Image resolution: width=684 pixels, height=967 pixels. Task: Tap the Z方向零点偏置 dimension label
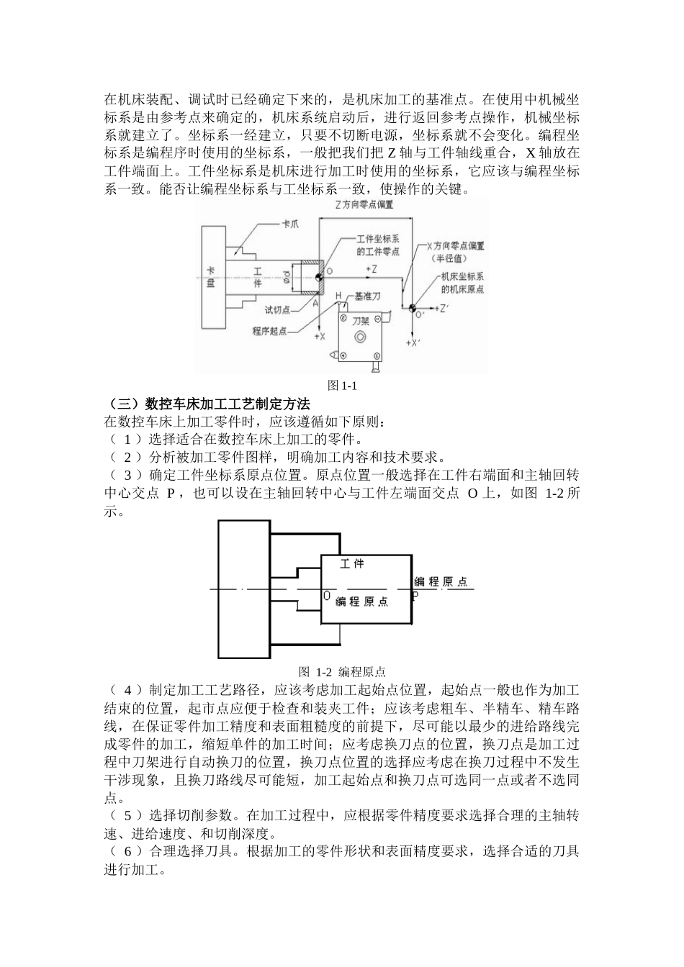[364, 204]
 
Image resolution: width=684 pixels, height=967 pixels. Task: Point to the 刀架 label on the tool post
[361, 322]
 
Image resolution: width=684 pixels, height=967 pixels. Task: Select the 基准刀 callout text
[367, 296]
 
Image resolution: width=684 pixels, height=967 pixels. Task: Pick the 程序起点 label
[271, 331]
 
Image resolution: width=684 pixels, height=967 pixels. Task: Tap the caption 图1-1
[342, 386]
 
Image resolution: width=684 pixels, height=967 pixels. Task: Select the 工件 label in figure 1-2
[352, 563]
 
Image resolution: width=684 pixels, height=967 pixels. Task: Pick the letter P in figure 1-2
[415, 596]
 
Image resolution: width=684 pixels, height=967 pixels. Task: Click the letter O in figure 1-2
[327, 596]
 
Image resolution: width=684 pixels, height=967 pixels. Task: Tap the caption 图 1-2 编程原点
[342, 672]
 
